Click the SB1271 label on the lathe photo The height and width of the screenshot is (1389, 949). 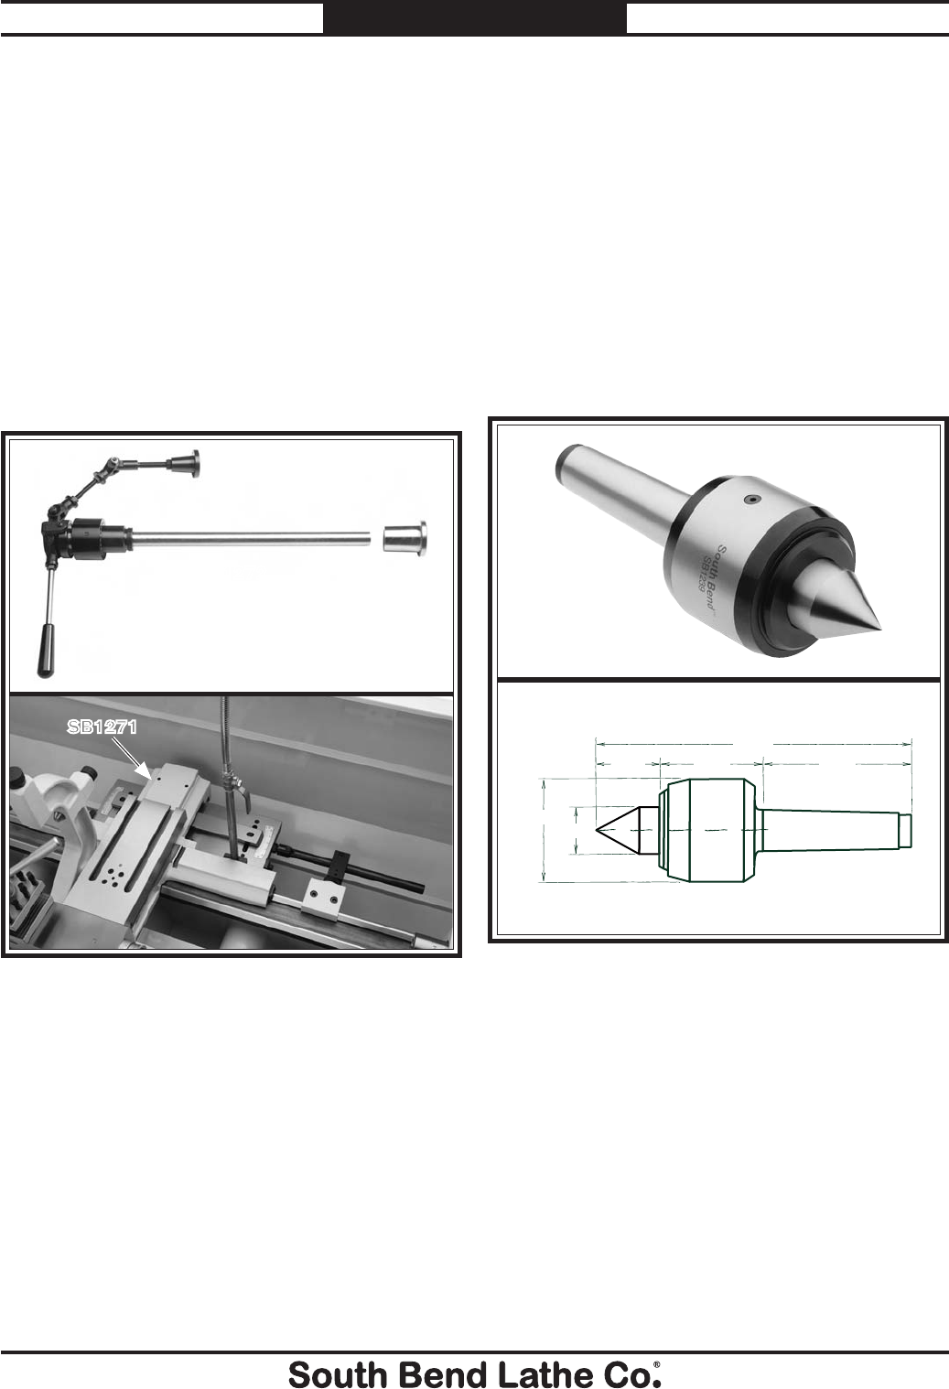point(102,727)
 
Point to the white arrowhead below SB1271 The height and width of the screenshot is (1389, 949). point(146,772)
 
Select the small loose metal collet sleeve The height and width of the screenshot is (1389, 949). point(404,537)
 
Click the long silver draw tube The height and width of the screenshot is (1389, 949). point(251,537)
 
